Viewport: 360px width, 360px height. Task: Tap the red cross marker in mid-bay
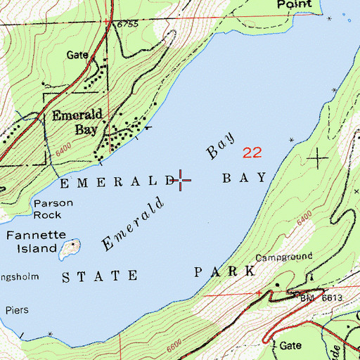182,181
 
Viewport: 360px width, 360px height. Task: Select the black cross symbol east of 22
319,158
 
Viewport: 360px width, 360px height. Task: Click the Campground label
284,257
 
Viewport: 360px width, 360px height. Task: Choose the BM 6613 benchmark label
323,298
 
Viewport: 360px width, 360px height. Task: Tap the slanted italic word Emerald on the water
133,222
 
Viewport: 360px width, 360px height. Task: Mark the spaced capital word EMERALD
117,182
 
